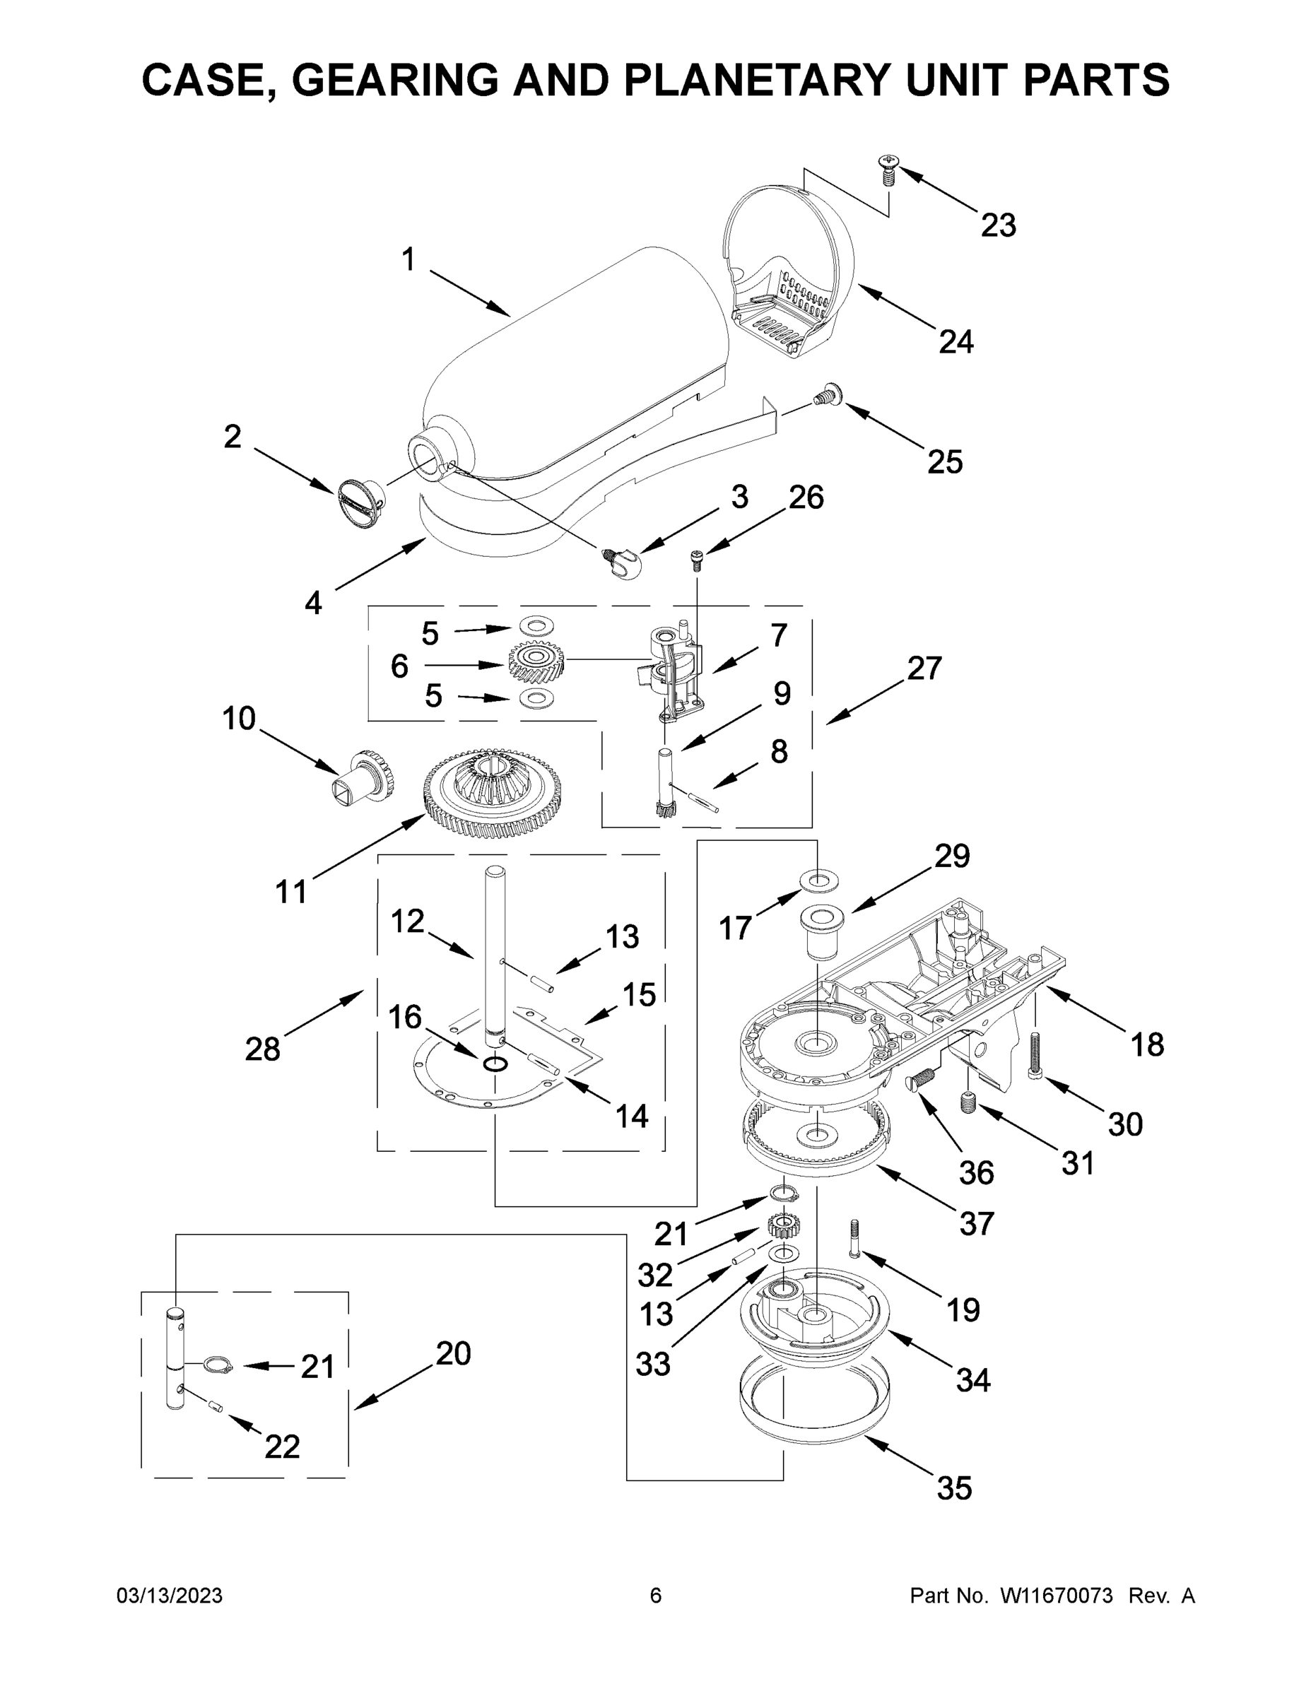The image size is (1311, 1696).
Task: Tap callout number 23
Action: point(998,225)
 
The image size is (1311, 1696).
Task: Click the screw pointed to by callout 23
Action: point(888,168)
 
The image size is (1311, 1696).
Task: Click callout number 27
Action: point(924,668)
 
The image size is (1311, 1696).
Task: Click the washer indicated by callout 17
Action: point(818,880)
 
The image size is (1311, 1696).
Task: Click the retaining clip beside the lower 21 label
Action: point(219,1365)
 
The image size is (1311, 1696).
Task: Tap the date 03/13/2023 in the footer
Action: point(170,1596)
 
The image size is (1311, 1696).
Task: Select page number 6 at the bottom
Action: point(656,1596)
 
